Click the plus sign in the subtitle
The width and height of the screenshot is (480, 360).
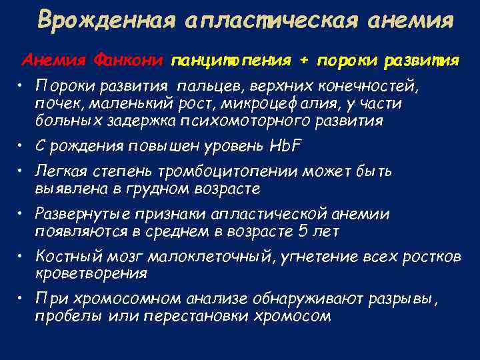pyautogui.click(x=303, y=61)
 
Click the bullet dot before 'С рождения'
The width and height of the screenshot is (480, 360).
pyautogui.click(x=23, y=145)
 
